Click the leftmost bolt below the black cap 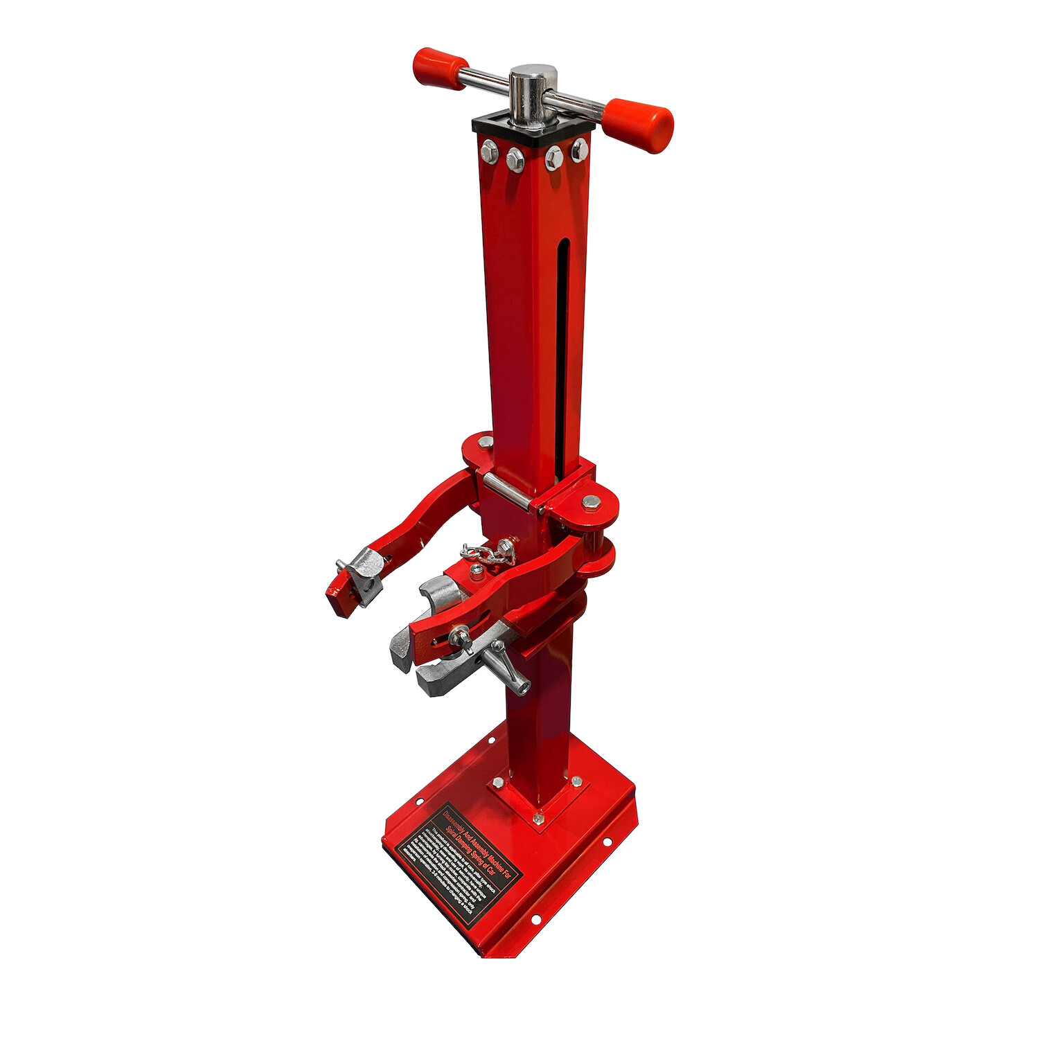(x=489, y=150)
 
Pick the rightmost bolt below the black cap (x=579, y=150)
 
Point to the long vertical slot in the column (x=562, y=346)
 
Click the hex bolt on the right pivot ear (x=589, y=501)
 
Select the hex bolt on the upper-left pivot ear (x=486, y=441)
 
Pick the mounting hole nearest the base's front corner (x=535, y=920)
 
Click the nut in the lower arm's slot (x=458, y=634)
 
